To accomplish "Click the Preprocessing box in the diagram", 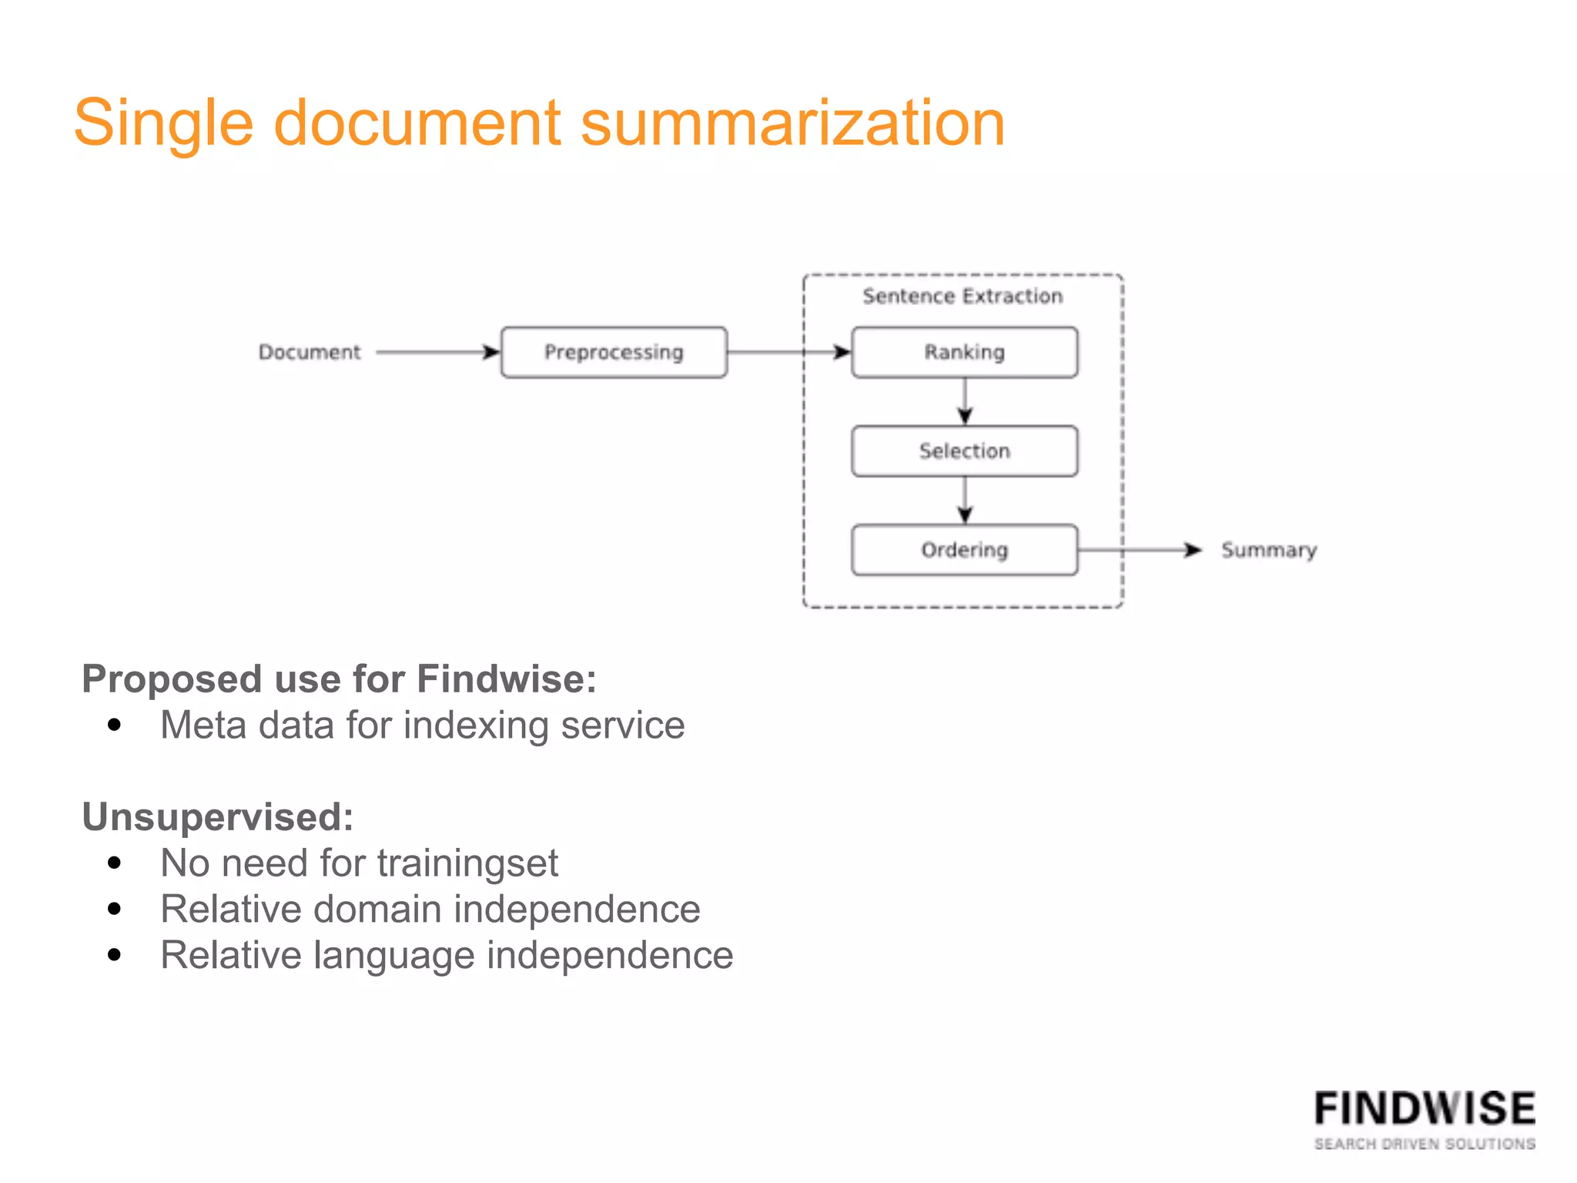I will [614, 352].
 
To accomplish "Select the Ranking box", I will [964, 352].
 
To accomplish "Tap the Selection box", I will [964, 451].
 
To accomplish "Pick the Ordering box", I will [964, 550].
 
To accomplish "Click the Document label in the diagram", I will [309, 352].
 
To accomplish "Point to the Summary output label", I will [1268, 550].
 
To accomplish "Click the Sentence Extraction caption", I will [963, 296].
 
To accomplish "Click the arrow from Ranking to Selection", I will [965, 401].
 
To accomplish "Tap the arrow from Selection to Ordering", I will [965, 501].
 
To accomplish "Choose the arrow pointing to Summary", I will [1140, 550].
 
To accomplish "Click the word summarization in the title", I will [792, 123].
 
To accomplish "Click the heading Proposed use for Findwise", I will [339, 679].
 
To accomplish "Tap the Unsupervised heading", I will [217, 817].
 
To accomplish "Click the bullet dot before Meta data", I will [115, 725].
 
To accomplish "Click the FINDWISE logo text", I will [1425, 1110].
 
